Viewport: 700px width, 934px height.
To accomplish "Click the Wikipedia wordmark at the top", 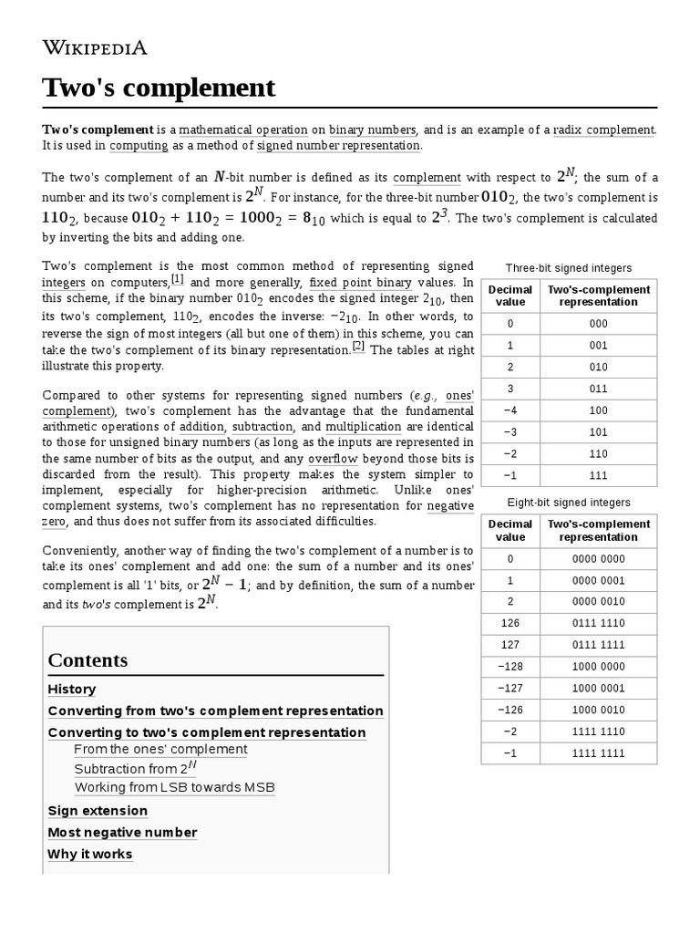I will pyautogui.click(x=95, y=47).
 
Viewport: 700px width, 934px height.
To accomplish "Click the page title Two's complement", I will pyautogui.click(x=158, y=88).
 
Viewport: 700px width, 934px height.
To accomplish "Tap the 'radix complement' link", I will pyautogui.click(x=602, y=130).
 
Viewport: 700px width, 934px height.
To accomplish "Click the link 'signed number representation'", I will pyautogui.click(x=338, y=145).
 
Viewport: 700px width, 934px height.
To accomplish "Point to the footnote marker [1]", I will pyautogui.click(x=177, y=279).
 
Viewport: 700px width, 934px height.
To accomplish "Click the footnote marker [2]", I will pyautogui.click(x=358, y=346).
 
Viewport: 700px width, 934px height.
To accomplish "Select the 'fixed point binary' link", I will pyautogui.click(x=360, y=283).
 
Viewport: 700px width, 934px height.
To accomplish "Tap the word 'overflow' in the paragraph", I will pyautogui.click(x=333, y=458).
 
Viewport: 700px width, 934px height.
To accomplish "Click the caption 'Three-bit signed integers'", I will pyautogui.click(x=569, y=268).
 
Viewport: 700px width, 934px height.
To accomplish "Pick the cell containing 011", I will pyautogui.click(x=598, y=389).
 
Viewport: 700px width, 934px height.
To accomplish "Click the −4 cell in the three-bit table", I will pyautogui.click(x=510, y=410).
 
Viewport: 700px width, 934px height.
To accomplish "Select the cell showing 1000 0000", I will pyautogui.click(x=598, y=667).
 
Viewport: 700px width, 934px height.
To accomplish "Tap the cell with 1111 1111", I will pyautogui.click(x=598, y=752).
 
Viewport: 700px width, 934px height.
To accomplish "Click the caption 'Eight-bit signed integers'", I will pyautogui.click(x=569, y=503).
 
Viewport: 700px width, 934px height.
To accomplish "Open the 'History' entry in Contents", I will pyautogui.click(x=71, y=690).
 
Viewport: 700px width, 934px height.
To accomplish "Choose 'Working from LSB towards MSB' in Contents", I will pyautogui.click(x=174, y=787).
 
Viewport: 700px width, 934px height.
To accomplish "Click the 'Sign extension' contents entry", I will pyautogui.click(x=98, y=811).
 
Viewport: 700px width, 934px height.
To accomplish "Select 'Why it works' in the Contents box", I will pyautogui.click(x=89, y=855).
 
